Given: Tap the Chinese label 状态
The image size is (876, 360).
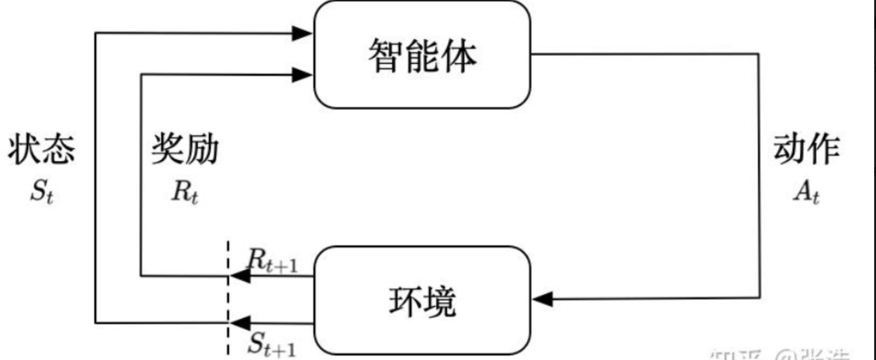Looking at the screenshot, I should click(42, 150).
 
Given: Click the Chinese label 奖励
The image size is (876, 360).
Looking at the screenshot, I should click(184, 150).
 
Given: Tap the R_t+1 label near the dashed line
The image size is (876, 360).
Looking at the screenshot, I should click(271, 261).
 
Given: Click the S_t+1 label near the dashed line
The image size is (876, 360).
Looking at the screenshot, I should click(272, 345).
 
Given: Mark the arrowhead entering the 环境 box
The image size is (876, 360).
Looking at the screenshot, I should click(543, 299).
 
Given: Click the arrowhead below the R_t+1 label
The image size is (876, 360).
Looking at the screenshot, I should click(241, 276).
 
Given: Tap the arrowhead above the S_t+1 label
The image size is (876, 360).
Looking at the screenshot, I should click(241, 322).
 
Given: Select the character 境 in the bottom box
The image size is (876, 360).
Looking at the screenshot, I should click(439, 301).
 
